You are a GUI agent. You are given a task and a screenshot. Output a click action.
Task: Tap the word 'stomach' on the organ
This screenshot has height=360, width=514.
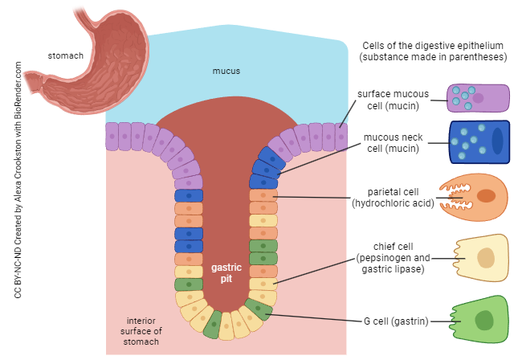[66, 56]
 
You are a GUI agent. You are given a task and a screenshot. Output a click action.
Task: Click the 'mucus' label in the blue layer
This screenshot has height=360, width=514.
[226, 72]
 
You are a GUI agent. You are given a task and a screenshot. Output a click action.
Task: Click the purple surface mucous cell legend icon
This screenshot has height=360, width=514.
[479, 98]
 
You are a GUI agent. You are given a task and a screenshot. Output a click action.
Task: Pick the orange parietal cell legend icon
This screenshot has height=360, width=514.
[475, 197]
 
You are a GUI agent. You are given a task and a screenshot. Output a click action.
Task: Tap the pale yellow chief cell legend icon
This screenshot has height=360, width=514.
[481, 259]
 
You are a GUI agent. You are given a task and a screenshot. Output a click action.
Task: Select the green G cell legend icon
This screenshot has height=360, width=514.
[479, 321]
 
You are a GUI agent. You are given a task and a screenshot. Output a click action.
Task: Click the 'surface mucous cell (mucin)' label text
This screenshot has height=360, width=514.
[394, 100]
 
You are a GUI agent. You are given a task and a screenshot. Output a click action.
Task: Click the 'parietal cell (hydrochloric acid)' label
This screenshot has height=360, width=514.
[394, 197]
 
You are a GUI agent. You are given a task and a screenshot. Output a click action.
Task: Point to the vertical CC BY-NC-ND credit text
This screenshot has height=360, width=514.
[18, 185]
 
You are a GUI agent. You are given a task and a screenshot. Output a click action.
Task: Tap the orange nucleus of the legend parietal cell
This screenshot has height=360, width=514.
[486, 196]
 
